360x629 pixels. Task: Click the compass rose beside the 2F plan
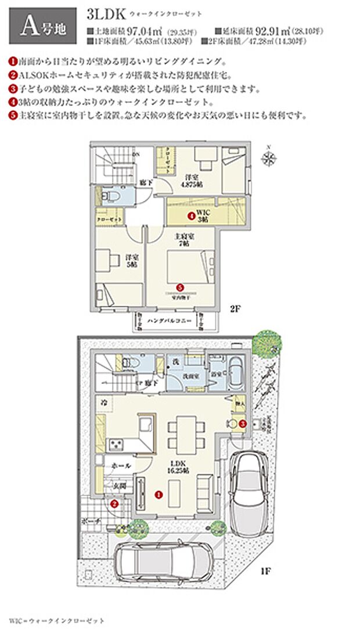tap(268, 157)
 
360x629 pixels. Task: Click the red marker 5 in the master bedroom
tap(179, 287)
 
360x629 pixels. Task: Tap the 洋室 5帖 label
tap(131, 261)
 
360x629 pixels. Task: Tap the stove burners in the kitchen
tap(116, 445)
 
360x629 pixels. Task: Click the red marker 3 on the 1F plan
tap(243, 423)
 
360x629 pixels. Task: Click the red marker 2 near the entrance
tap(114, 504)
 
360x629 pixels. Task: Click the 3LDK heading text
tap(103, 12)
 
